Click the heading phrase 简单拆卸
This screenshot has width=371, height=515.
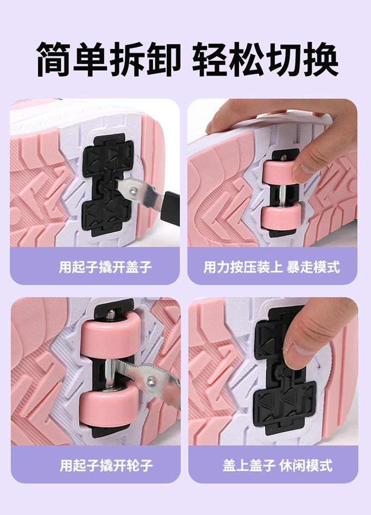(x=109, y=59)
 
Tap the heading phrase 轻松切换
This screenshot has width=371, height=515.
(x=265, y=59)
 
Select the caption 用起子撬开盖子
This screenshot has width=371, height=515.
(x=105, y=267)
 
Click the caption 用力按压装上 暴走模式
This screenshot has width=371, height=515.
(x=272, y=267)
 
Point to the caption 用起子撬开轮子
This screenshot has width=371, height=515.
(x=106, y=465)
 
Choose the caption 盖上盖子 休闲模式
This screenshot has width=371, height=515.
(x=278, y=465)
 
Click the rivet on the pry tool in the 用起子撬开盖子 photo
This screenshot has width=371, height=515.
(x=134, y=190)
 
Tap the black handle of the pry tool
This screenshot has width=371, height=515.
(x=171, y=208)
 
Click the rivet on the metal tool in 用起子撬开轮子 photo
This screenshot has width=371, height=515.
(x=151, y=381)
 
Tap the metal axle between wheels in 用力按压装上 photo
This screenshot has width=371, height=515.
(x=282, y=194)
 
